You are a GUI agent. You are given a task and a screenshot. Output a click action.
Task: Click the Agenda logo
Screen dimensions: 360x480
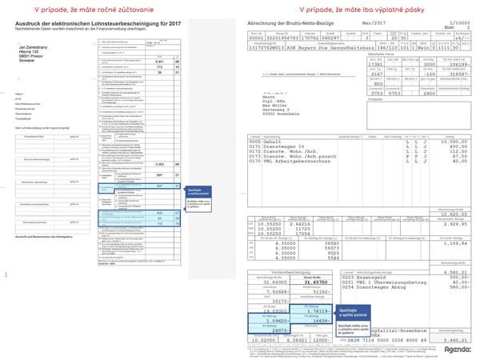tap(457, 349)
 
